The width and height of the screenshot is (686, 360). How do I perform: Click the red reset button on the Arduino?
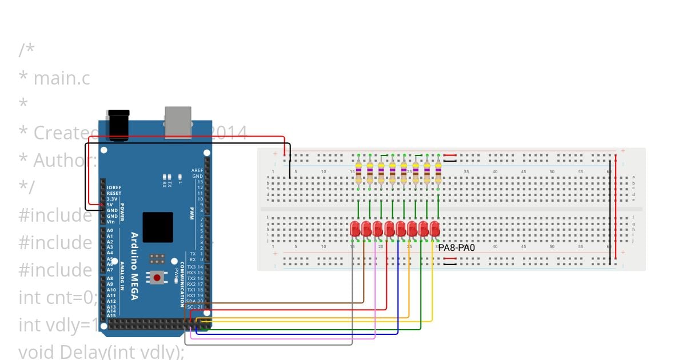click(157, 278)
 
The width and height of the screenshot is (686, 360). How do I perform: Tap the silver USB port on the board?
click(178, 122)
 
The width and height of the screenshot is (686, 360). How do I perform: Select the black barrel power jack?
click(118, 123)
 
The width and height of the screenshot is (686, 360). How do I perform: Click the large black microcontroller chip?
click(158, 227)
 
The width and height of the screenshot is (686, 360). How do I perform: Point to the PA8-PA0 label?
click(456, 248)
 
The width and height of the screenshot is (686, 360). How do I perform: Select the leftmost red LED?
click(354, 229)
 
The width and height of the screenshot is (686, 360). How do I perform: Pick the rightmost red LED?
click(435, 229)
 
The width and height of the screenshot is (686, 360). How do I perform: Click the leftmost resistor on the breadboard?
click(358, 172)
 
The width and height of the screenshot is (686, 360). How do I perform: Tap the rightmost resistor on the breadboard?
click(438, 172)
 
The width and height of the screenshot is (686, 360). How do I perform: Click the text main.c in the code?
click(62, 78)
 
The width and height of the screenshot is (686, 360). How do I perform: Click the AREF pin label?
click(197, 170)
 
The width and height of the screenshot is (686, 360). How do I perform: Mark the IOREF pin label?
click(113, 187)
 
